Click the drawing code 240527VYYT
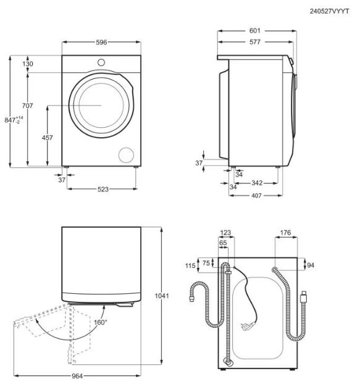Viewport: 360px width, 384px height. pos(329,11)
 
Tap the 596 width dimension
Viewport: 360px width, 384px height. pos(101,43)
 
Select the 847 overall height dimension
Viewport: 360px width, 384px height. pos(14,120)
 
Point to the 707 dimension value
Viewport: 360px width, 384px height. pos(27,106)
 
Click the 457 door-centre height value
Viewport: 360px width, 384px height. pos(47,138)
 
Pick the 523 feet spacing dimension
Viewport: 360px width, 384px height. pos(103,190)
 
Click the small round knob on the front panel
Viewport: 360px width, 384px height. pos(101,62)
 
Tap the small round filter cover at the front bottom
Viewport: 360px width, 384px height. pos(126,155)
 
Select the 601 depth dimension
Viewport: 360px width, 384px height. pos(254,31)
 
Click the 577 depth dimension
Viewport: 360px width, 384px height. pos(254,42)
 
